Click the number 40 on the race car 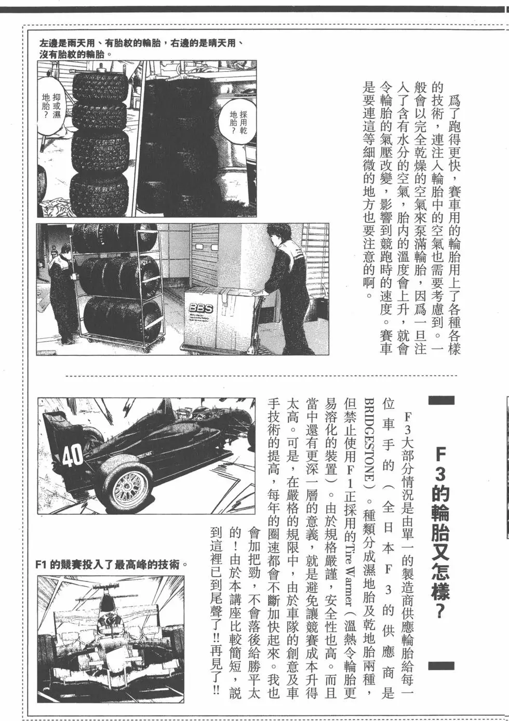coord(72,455)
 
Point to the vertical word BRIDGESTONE coord(368,442)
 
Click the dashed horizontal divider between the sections coord(260,375)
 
